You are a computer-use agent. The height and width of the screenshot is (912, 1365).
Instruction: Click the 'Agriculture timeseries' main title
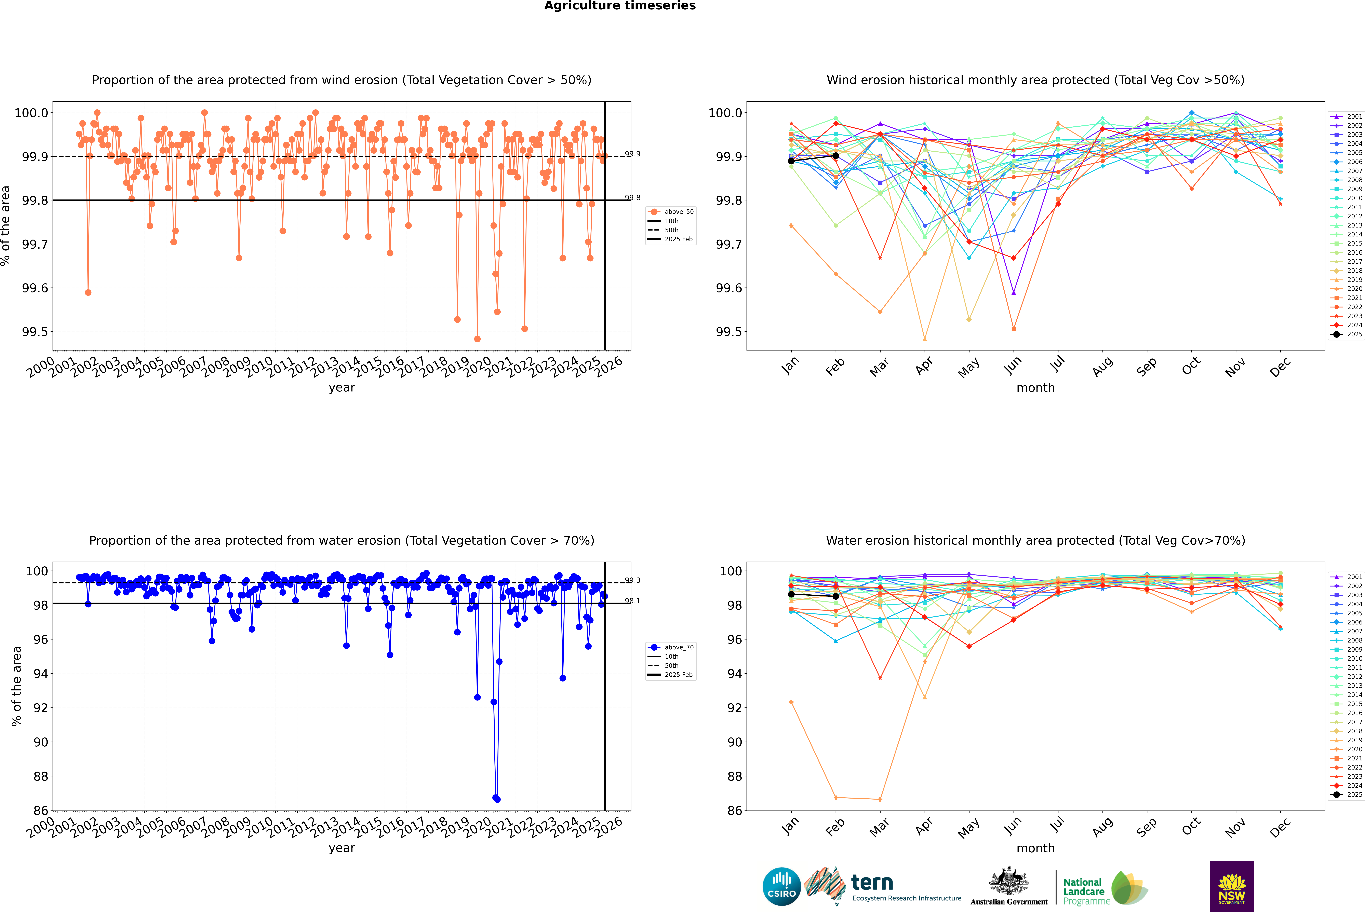click(620, 6)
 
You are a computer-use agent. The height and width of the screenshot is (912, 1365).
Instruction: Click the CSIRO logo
click(781, 886)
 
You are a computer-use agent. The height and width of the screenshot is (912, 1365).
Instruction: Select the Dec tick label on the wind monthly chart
click(1280, 368)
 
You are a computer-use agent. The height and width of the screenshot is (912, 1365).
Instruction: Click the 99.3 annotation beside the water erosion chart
click(632, 580)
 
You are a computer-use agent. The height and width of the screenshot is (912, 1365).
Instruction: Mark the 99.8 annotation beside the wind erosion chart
click(632, 198)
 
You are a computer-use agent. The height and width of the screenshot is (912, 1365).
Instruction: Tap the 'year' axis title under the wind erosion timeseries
click(342, 387)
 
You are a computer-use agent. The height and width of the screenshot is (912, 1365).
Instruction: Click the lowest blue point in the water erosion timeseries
click(497, 799)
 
